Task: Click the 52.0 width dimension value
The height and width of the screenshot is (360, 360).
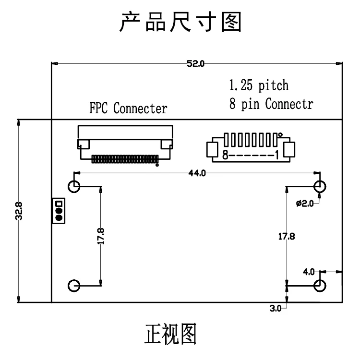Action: click(195, 63)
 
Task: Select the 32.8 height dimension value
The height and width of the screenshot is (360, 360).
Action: click(19, 211)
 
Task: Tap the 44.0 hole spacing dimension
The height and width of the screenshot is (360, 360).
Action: click(197, 173)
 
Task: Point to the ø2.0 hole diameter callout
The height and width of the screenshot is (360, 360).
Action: click(305, 204)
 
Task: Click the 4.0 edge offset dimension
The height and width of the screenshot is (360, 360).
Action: click(309, 272)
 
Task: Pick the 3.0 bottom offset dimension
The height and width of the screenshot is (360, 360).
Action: click(276, 308)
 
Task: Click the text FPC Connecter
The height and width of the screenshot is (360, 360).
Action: click(128, 108)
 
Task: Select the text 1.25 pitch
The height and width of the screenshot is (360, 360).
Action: click(259, 85)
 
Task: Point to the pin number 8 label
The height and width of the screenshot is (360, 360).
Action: click(225, 155)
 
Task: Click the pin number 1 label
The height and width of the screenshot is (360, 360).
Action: click(277, 155)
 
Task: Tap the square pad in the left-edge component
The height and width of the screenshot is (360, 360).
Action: click(59, 204)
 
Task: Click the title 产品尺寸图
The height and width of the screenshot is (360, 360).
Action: click(180, 22)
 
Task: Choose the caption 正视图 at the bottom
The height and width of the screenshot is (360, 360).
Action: click(170, 334)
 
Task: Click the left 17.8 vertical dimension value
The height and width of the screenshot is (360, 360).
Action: click(101, 236)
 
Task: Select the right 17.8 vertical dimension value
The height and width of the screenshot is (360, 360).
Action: click(287, 237)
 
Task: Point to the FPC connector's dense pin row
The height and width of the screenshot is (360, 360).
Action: click(125, 159)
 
